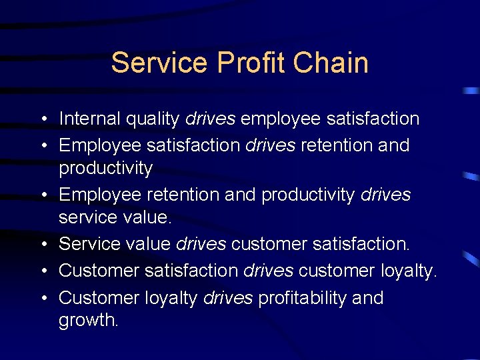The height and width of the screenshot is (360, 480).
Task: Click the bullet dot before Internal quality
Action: (x=41, y=119)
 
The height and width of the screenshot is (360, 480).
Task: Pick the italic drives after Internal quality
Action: (x=210, y=119)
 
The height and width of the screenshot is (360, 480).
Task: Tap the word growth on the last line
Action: (x=88, y=321)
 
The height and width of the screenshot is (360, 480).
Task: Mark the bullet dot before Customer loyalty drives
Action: (x=41, y=298)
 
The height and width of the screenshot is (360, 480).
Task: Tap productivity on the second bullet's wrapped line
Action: (x=106, y=169)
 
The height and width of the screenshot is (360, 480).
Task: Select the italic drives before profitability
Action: (x=228, y=297)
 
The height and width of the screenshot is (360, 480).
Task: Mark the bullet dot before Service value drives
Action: (x=41, y=244)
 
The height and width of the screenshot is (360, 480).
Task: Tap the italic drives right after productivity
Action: (x=385, y=194)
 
